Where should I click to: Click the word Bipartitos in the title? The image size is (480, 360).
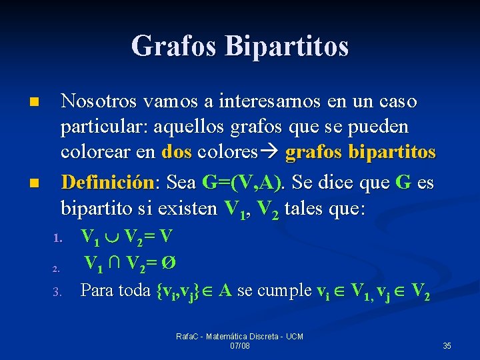point(287,46)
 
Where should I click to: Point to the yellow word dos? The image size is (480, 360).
point(177,153)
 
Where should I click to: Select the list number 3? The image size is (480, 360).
point(57,291)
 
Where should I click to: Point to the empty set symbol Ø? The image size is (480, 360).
point(170,263)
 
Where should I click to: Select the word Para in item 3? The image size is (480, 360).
point(96,290)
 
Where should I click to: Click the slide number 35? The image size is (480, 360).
point(447,346)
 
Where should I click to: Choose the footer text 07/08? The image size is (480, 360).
point(240,346)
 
